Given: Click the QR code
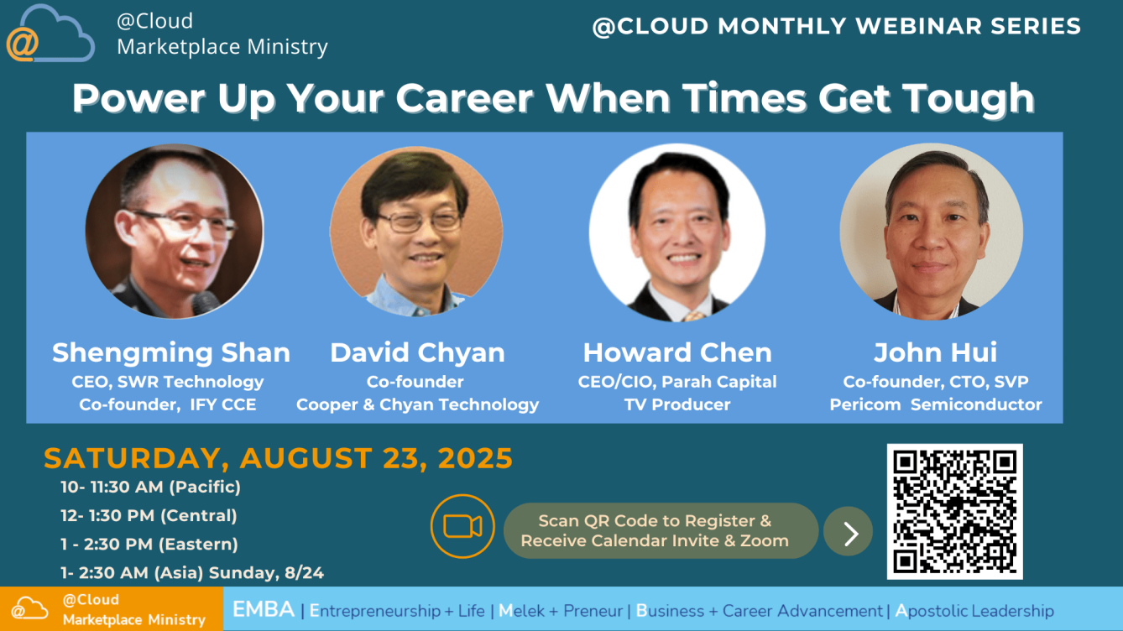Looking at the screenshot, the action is click(954, 511).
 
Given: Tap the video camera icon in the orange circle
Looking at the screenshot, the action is click(462, 526).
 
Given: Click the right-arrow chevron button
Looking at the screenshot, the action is click(849, 531).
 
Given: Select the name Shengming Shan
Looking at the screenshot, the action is click(171, 352).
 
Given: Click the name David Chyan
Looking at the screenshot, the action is click(417, 352).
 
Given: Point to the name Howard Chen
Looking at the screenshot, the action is click(677, 352).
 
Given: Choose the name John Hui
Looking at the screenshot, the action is click(936, 352).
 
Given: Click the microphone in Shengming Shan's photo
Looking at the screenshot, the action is click(206, 303).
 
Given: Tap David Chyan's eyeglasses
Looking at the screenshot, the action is click(419, 221).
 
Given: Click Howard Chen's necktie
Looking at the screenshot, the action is click(694, 316).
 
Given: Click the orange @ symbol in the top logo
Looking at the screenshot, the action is click(22, 44).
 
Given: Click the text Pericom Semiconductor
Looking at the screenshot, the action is click(936, 404).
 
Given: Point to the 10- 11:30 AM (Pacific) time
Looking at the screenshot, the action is click(150, 488).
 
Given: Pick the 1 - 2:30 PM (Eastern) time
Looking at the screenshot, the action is click(149, 545).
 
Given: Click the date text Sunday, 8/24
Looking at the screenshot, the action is click(266, 573).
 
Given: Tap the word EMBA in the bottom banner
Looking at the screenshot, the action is click(264, 610).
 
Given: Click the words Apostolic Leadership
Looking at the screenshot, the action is click(974, 611).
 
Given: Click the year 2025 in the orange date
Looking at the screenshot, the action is click(475, 458).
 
